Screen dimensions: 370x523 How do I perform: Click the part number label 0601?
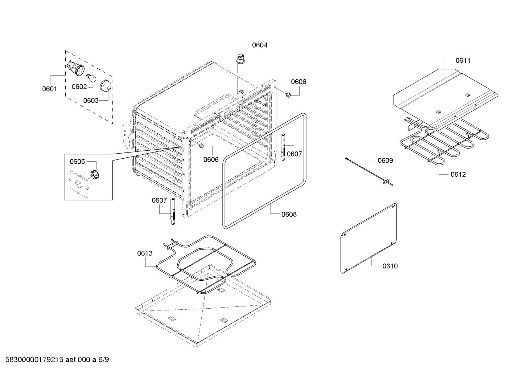click(49, 89)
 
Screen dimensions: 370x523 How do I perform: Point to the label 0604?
click(260, 45)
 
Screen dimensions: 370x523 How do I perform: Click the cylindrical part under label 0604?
click(240, 58)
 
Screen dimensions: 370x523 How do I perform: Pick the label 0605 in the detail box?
click(77, 162)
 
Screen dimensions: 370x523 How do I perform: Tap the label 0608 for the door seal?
click(289, 214)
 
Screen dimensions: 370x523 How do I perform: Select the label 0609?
click(385, 160)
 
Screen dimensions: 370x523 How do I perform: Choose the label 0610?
click(390, 266)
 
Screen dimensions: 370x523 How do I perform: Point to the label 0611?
click(463, 61)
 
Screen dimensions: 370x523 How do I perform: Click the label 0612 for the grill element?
click(458, 174)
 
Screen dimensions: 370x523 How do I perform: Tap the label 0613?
click(145, 253)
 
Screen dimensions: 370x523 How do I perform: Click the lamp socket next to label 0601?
click(76, 69)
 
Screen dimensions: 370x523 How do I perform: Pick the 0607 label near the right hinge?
click(294, 154)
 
